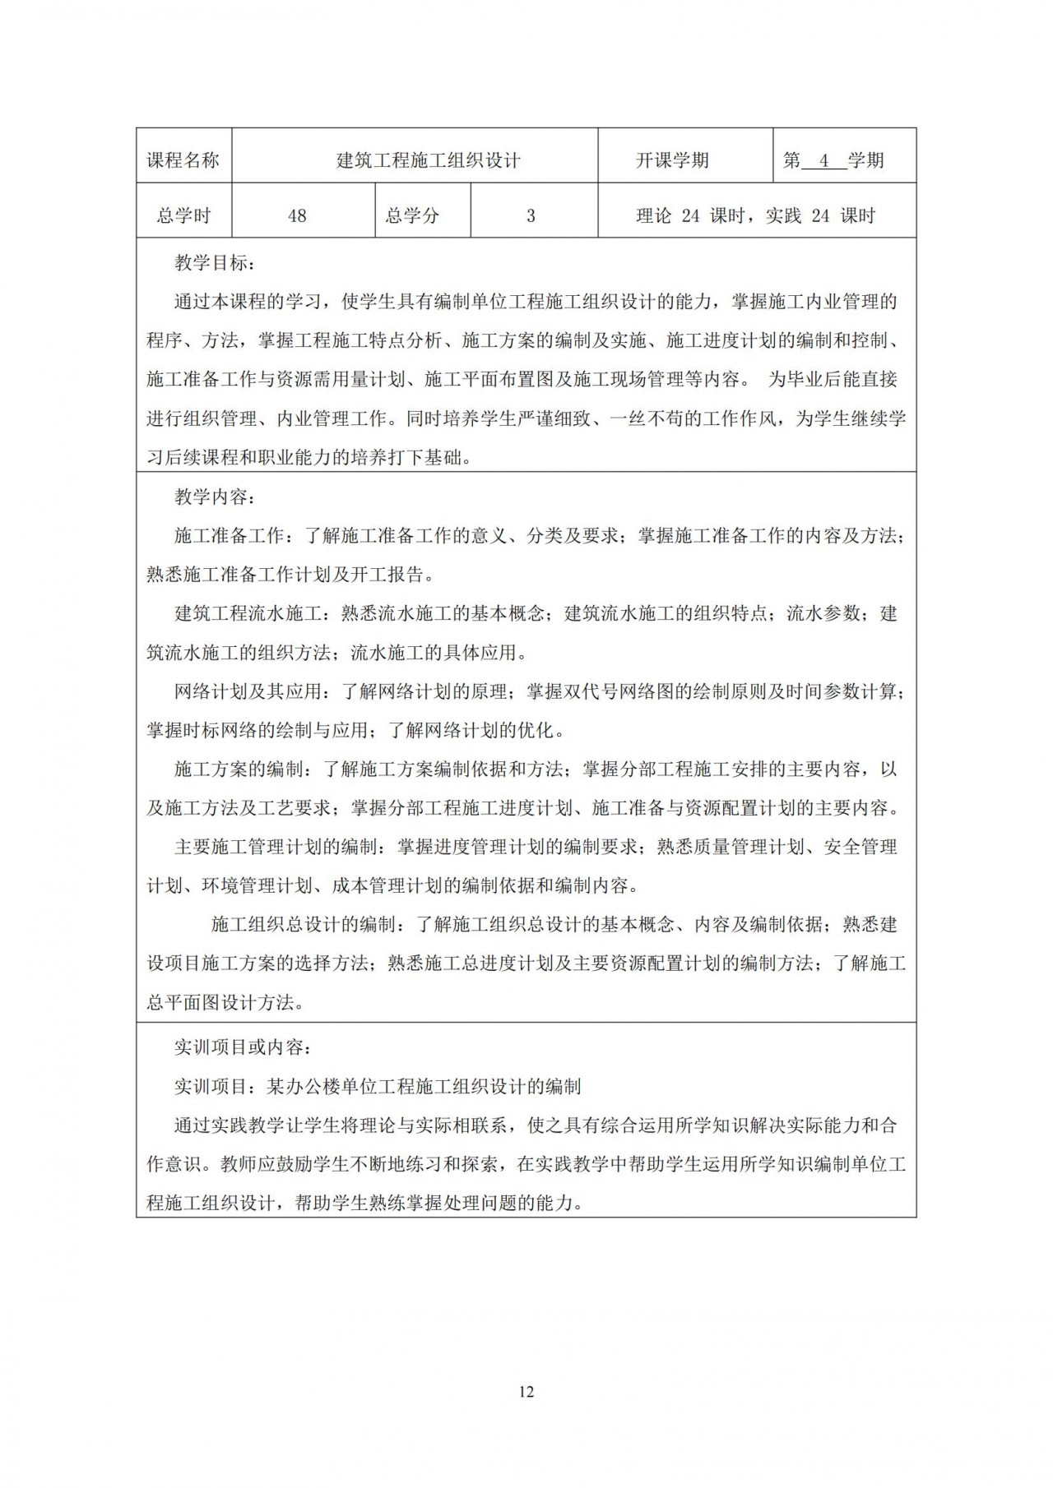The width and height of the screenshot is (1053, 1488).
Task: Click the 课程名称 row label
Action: [183, 160]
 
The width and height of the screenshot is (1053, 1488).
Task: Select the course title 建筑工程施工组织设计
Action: [429, 160]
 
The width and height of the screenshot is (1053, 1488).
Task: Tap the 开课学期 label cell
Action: [672, 160]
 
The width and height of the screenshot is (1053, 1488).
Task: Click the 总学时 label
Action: [183, 216]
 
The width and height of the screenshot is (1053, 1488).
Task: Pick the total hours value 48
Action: [297, 216]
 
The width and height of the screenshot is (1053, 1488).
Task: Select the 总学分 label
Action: [412, 216]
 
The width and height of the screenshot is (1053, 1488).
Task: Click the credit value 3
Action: [531, 216]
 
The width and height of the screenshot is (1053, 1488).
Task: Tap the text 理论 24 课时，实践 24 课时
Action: [755, 216]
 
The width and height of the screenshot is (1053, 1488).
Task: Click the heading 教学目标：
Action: [215, 263]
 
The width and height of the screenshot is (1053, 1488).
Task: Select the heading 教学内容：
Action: [215, 497]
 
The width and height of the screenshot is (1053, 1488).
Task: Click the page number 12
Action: [526, 1392]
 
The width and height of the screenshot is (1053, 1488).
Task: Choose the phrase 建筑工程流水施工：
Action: [252, 614]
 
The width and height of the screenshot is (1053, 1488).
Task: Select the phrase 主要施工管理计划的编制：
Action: [280, 847]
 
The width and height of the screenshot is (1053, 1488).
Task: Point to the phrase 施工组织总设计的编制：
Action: [308, 924]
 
